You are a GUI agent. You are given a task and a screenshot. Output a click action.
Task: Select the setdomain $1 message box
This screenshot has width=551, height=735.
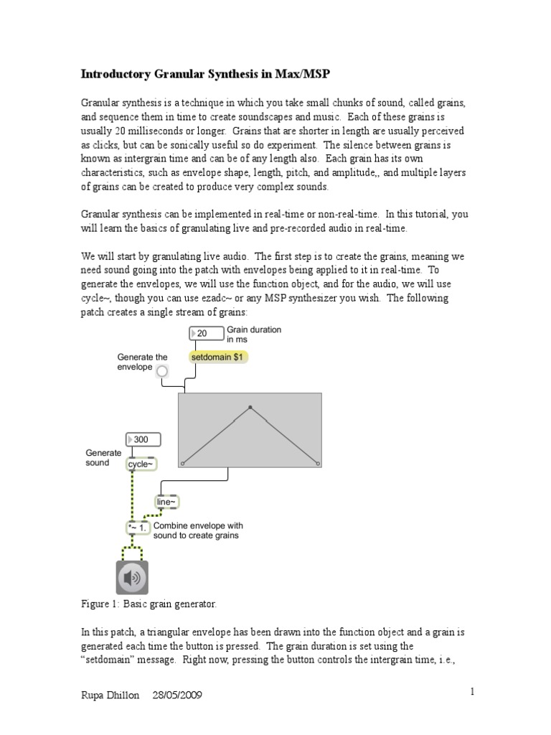click(219, 357)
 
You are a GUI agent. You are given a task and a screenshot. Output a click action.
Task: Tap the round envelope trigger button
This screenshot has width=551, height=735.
click(162, 370)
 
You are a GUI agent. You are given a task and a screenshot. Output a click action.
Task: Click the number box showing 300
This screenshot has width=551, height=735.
click(143, 439)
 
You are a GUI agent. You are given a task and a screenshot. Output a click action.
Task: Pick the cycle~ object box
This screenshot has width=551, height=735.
click(141, 464)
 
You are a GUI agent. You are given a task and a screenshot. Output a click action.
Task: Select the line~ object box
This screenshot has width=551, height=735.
click(166, 502)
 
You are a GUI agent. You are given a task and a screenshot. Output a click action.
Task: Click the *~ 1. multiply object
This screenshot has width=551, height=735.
click(138, 528)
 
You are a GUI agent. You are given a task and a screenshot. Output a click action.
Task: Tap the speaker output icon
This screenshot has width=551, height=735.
click(132, 578)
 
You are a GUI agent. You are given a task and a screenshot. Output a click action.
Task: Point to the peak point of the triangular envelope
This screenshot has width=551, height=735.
click(250, 408)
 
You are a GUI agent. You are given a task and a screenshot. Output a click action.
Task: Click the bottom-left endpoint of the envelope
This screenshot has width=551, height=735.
click(182, 464)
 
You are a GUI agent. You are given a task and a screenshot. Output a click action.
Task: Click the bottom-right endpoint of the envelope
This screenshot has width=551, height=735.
click(317, 464)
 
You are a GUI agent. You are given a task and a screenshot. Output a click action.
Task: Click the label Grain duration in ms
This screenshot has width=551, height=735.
click(254, 334)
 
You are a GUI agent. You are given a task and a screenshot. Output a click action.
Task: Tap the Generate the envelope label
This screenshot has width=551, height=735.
click(142, 362)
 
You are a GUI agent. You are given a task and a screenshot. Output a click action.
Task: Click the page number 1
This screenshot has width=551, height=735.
click(473, 692)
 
